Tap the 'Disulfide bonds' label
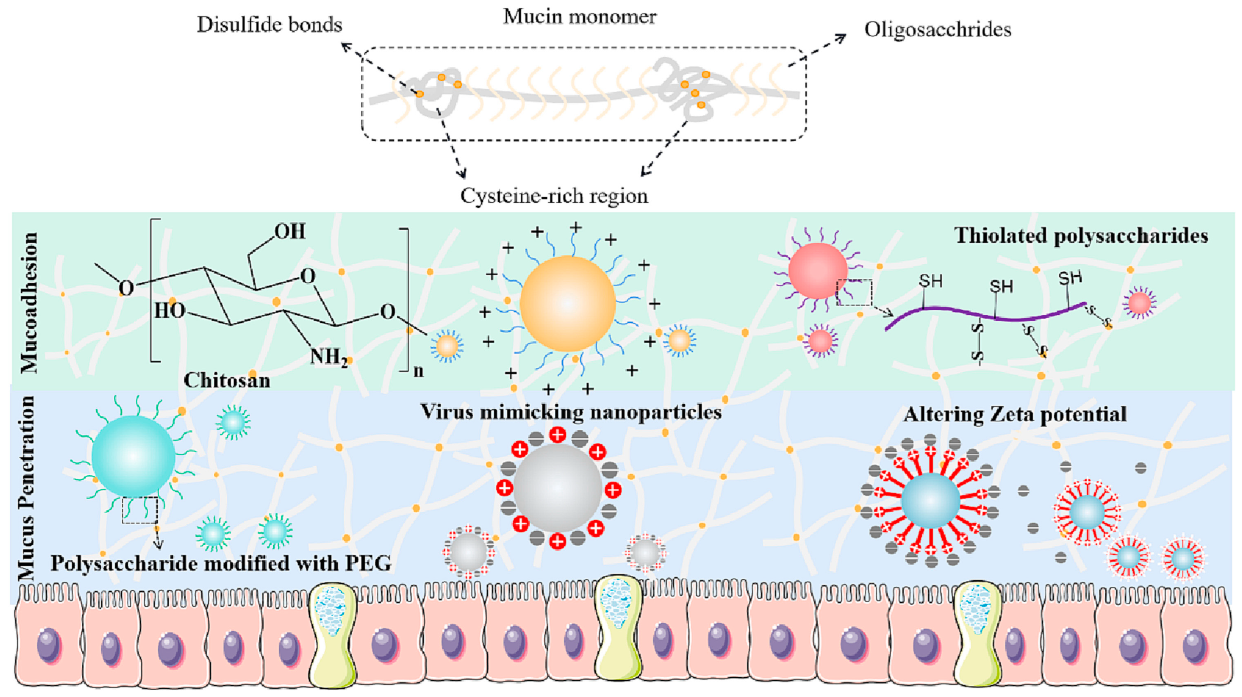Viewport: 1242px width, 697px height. click(x=270, y=25)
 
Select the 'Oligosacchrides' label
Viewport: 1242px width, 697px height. click(x=937, y=30)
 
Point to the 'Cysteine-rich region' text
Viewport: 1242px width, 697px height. click(x=554, y=196)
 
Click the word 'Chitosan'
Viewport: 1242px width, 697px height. click(x=227, y=380)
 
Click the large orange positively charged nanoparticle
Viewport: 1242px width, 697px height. click(x=568, y=303)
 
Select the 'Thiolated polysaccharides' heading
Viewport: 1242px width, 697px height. click(x=1081, y=236)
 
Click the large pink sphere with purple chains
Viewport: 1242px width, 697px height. click(x=818, y=270)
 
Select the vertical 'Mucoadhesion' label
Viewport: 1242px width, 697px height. click(x=29, y=303)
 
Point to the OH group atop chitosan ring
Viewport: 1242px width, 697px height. click(x=290, y=232)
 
